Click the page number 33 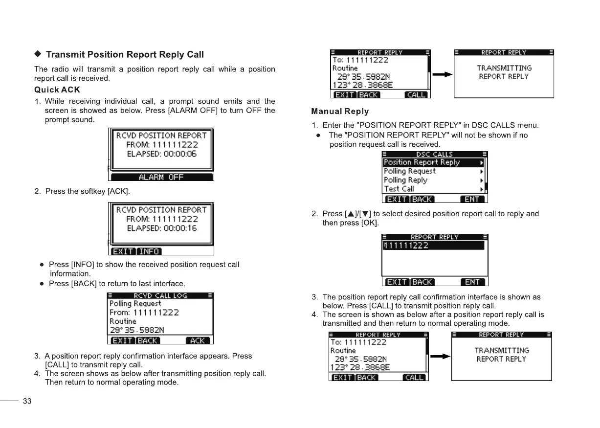(x=27, y=402)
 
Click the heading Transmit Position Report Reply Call (x=125, y=54)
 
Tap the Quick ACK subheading (x=57, y=90)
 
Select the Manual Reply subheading (x=340, y=112)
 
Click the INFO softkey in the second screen (x=149, y=251)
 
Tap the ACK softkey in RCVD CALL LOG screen (x=198, y=340)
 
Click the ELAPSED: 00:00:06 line (x=162, y=154)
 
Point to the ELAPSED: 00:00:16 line (x=162, y=228)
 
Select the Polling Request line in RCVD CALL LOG (x=135, y=304)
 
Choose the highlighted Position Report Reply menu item (x=422, y=162)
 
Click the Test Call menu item (x=399, y=189)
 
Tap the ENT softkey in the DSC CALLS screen (x=472, y=199)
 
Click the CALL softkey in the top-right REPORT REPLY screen (x=417, y=95)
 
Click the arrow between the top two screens (x=442, y=75)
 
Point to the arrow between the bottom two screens (x=440, y=357)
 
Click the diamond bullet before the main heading (x=38, y=54)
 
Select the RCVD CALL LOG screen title (x=160, y=295)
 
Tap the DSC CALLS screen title (x=434, y=154)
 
